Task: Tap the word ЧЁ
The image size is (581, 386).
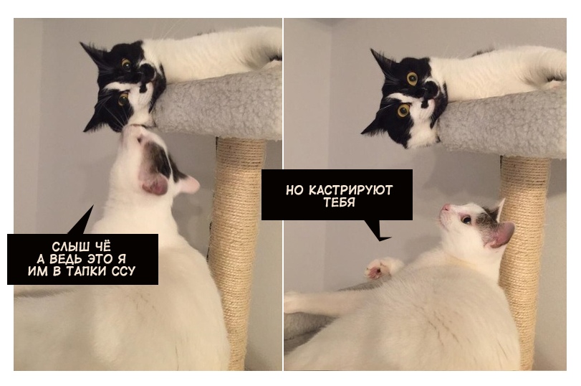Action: click(x=104, y=246)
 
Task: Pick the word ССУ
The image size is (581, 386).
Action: click(x=123, y=271)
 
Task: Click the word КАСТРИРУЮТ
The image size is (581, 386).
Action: click(x=350, y=190)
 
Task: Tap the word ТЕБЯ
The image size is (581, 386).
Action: click(x=339, y=202)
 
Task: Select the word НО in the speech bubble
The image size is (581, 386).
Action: click(x=295, y=190)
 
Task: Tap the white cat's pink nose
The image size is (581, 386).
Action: click(x=444, y=207)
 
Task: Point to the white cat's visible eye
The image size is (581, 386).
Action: click(x=466, y=220)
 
